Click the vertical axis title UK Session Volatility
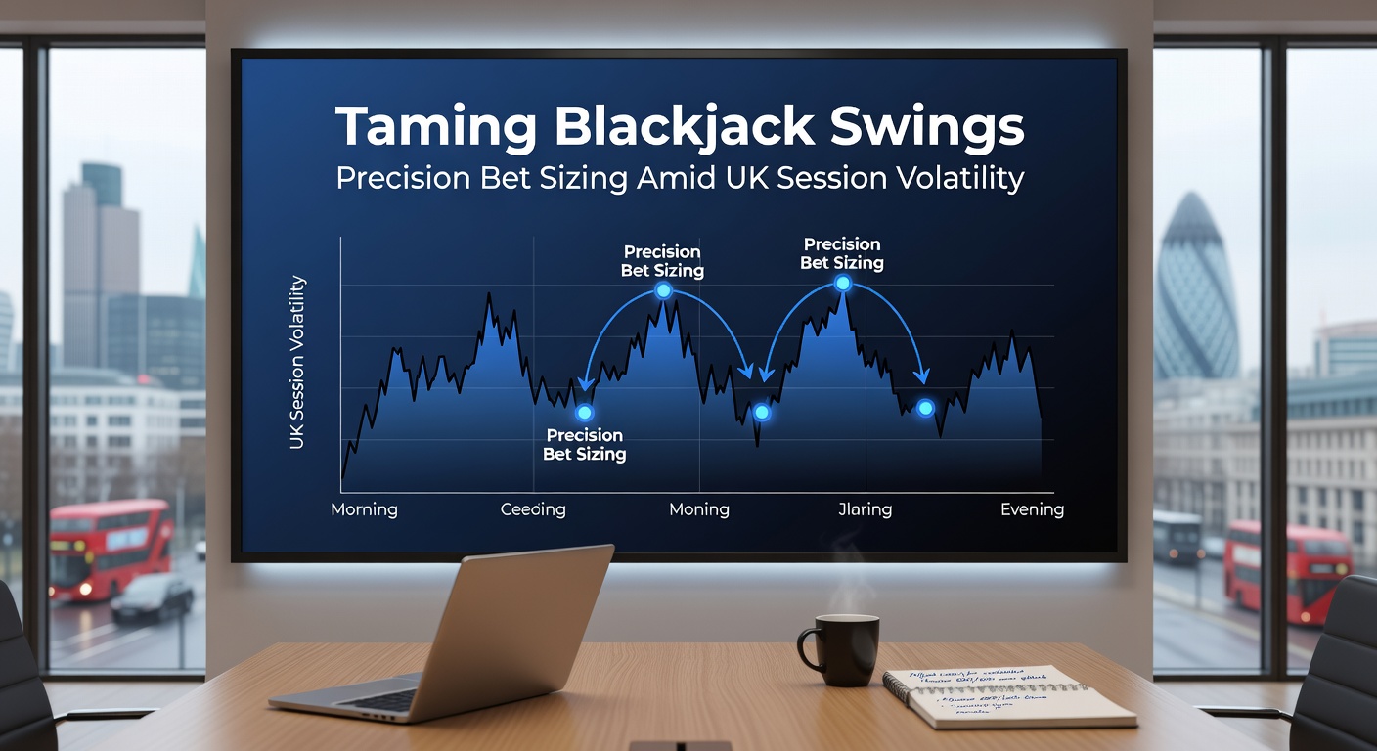[297, 363]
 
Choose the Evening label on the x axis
[1032, 509]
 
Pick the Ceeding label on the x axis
[533, 509]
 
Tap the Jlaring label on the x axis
[865, 509]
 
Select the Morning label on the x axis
[364, 509]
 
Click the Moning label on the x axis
[698, 509]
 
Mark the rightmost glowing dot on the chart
[925, 407]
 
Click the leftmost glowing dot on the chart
[584, 413]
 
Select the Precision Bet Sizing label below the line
[585, 444]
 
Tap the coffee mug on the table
[842, 648]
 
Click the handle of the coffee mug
[808, 650]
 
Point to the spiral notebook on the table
[1009, 696]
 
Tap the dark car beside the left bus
[152, 596]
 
